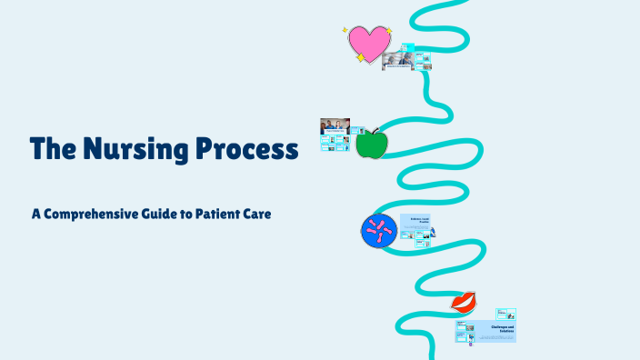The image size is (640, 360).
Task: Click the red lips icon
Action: (x=465, y=301)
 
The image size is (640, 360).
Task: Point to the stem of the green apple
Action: (x=374, y=131)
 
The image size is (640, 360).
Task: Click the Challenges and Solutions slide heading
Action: (x=502, y=329)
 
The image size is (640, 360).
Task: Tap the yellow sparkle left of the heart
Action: (x=345, y=30)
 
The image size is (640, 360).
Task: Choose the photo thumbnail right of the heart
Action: (x=398, y=60)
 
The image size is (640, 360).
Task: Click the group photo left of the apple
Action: (x=335, y=125)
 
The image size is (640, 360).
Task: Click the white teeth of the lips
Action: (x=465, y=300)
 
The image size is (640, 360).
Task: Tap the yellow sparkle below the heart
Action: (x=360, y=57)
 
